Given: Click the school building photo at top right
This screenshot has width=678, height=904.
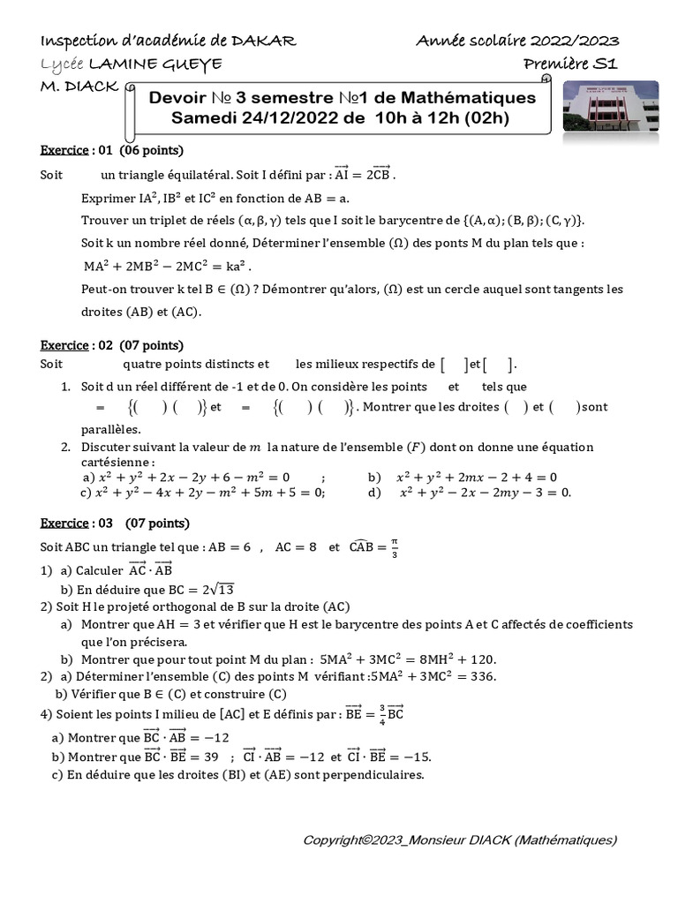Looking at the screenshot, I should (610, 106).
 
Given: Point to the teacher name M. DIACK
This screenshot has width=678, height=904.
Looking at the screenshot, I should (80, 87).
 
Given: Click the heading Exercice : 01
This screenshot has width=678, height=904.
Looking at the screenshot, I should (78, 150).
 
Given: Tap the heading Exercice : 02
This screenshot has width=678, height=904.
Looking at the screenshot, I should (78, 344).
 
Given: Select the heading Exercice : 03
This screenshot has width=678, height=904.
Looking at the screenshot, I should (78, 523).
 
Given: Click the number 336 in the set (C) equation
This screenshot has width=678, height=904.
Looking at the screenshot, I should (483, 676).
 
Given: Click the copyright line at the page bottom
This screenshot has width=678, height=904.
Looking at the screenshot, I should (459, 840).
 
